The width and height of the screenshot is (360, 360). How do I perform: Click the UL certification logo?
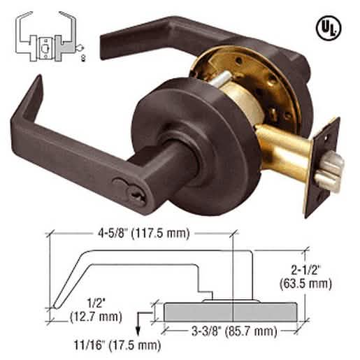point(329,28)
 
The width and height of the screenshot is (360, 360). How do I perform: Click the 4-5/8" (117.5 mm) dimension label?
point(144,233)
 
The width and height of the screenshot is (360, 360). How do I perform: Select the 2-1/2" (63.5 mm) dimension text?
point(305,277)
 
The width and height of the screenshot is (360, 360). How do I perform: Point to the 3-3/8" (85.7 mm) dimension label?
point(234,331)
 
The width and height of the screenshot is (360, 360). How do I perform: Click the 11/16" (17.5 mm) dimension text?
point(117,345)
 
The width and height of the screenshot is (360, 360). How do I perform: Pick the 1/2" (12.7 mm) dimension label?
point(96,310)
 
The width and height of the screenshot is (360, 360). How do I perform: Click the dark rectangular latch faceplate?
point(323,168)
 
